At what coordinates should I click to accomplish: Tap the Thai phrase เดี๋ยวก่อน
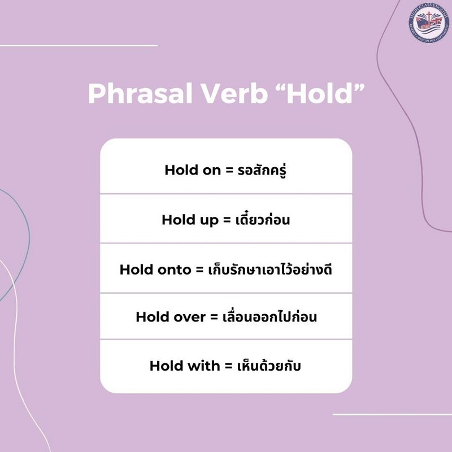[x=261, y=219]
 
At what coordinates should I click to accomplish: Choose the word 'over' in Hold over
[x=188, y=317]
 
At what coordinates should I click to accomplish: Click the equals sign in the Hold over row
[x=214, y=317]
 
